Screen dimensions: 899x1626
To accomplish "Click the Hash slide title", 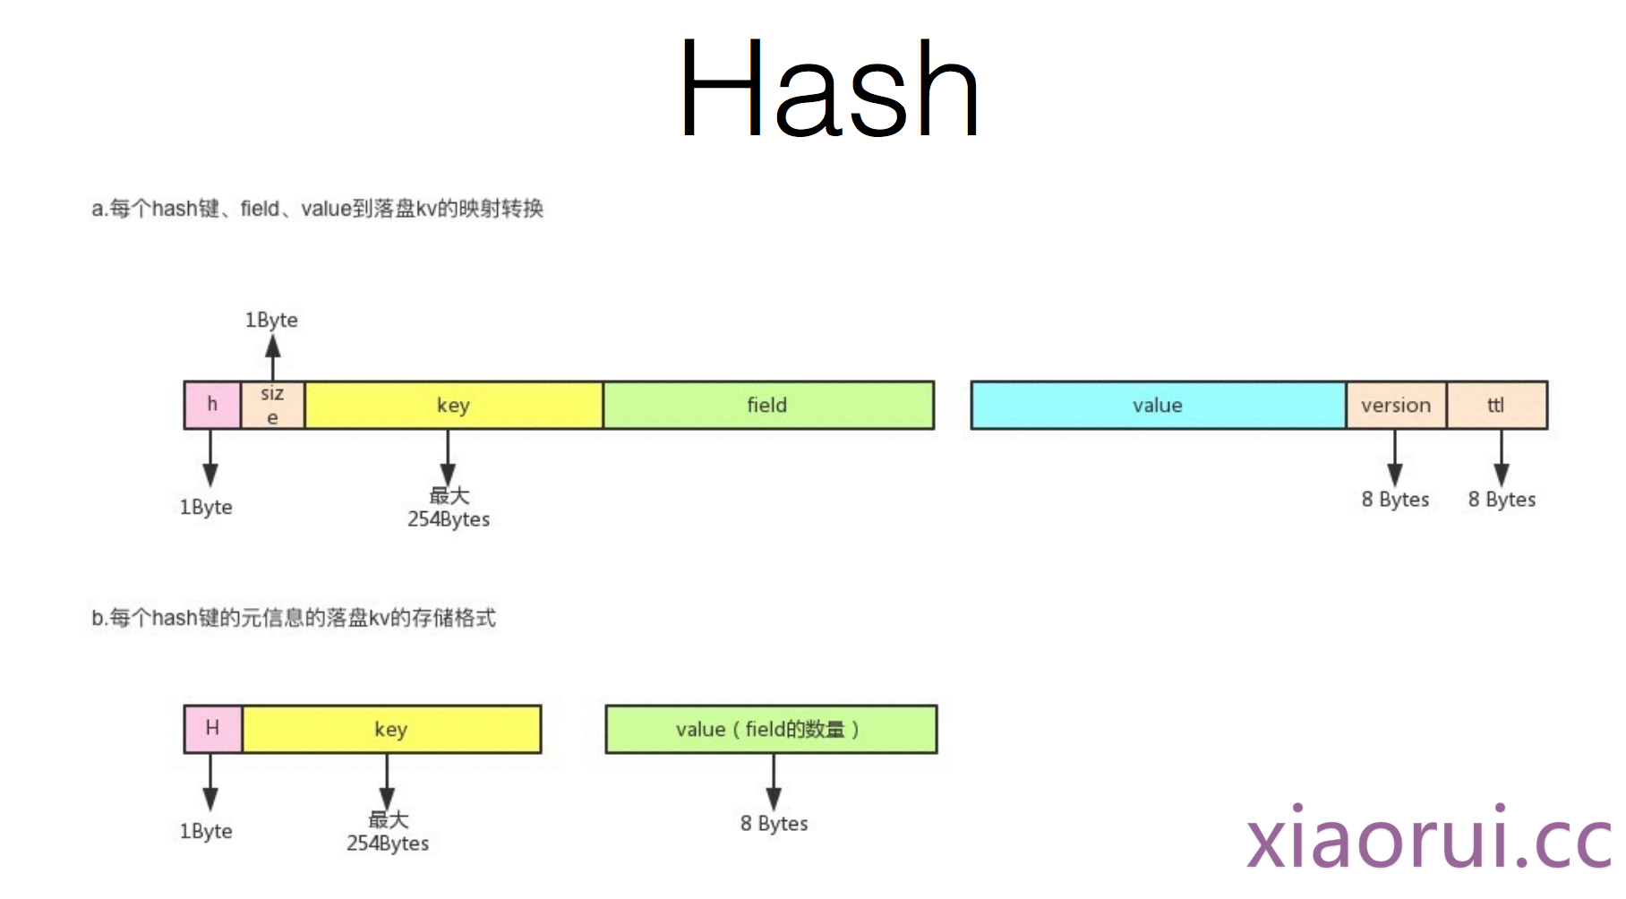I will pos(828,90).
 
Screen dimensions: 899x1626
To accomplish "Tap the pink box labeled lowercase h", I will pos(212,405).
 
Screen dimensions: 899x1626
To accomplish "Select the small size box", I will pos(272,405).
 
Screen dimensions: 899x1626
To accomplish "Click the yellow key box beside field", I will pos(453,405).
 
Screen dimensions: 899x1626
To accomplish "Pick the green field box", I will pos(767,405).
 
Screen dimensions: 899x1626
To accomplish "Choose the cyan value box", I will pos(1157,405).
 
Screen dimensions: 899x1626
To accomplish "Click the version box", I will pos(1396,405).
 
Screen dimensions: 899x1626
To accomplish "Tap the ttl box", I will pos(1496,405).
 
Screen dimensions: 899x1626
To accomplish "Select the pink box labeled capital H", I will pos(212,728).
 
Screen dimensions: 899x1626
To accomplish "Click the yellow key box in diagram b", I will pos(390,729).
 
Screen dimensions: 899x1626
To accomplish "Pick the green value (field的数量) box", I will pos(770,729).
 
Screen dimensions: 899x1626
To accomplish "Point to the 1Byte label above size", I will pos(271,320).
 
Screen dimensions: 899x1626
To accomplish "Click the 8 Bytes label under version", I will pos(1395,500).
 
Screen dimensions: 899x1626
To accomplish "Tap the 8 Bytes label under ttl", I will pos(1502,500).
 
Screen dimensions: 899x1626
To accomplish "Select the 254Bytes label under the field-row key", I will pos(449,518).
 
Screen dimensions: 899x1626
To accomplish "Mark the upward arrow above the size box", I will pos(272,358).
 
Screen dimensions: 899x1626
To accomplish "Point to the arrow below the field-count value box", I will pos(774,782).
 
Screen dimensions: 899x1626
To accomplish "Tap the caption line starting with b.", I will pos(294,618).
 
